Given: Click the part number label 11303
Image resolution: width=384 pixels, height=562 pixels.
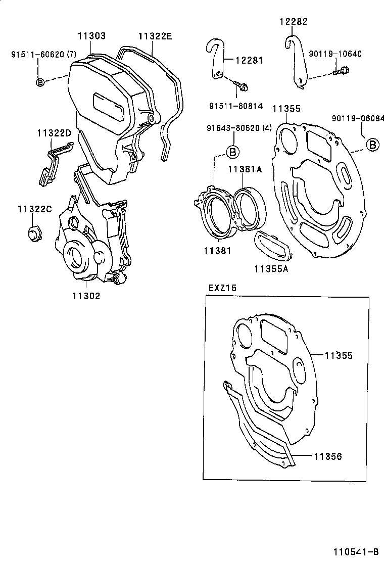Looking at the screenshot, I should coord(91,36).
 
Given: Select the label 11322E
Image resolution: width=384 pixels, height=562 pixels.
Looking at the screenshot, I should coord(155,36).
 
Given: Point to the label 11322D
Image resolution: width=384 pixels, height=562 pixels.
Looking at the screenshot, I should coord(54,133).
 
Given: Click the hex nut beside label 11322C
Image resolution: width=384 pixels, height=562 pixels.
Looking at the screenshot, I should coord(34,233).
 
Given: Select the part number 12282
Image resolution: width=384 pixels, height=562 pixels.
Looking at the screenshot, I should coord(293,22).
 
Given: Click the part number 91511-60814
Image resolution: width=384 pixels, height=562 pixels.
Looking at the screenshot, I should coord(235,106).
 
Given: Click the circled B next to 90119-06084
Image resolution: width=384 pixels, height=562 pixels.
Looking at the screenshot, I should coord(372,145).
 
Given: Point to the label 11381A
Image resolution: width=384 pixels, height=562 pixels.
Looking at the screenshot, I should coord(244,169).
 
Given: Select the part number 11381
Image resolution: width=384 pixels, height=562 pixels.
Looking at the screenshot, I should coord(218,251).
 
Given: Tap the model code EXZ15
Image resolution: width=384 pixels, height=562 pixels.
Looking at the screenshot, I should coord(222,288).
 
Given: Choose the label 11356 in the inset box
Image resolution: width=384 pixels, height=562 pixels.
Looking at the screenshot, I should coord(327,456).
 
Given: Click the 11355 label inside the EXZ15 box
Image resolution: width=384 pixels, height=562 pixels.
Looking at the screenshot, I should coord(338,355).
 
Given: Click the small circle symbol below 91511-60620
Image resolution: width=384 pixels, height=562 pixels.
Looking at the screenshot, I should coord(40,81).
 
